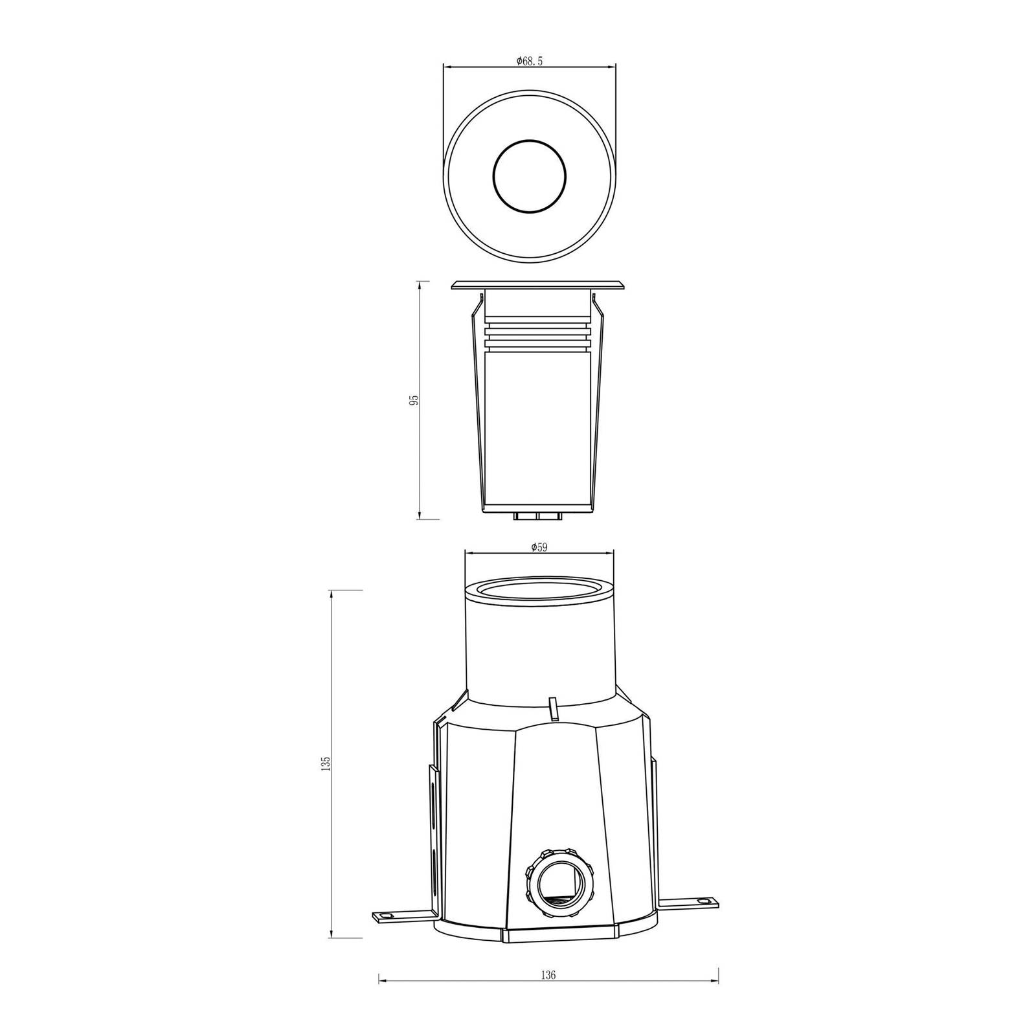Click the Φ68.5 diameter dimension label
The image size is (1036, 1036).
coord(529,61)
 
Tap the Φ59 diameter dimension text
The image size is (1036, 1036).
coord(539,547)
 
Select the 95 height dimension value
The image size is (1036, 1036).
coord(414,399)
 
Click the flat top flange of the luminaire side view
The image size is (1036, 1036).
coord(539,286)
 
